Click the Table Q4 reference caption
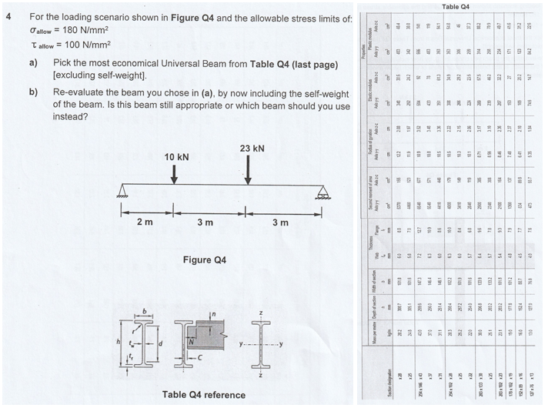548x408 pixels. coord(204,395)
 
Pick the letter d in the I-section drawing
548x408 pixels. coord(159,346)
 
